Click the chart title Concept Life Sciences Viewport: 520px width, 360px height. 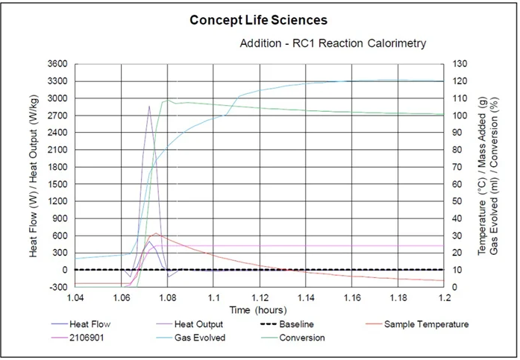tap(258, 20)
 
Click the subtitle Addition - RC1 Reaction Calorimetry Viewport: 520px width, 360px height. tap(333, 44)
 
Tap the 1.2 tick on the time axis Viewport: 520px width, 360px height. tap(444, 297)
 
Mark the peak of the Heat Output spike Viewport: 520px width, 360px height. tap(149, 106)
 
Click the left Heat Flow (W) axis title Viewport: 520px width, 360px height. tap(34, 175)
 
